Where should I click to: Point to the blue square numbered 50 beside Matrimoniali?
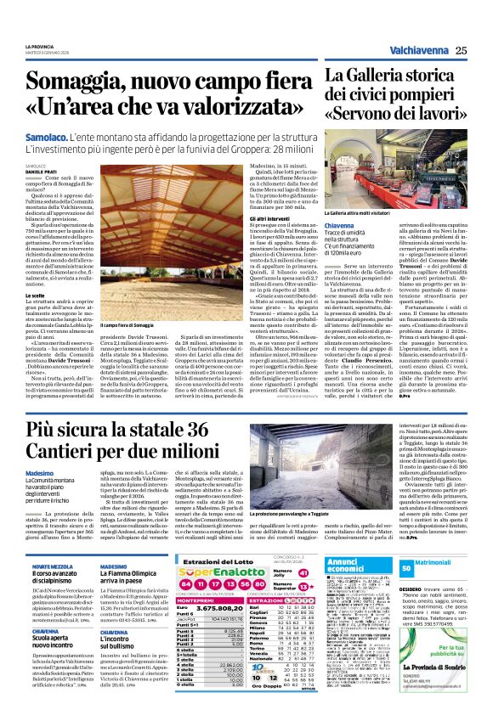pos(407,566)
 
